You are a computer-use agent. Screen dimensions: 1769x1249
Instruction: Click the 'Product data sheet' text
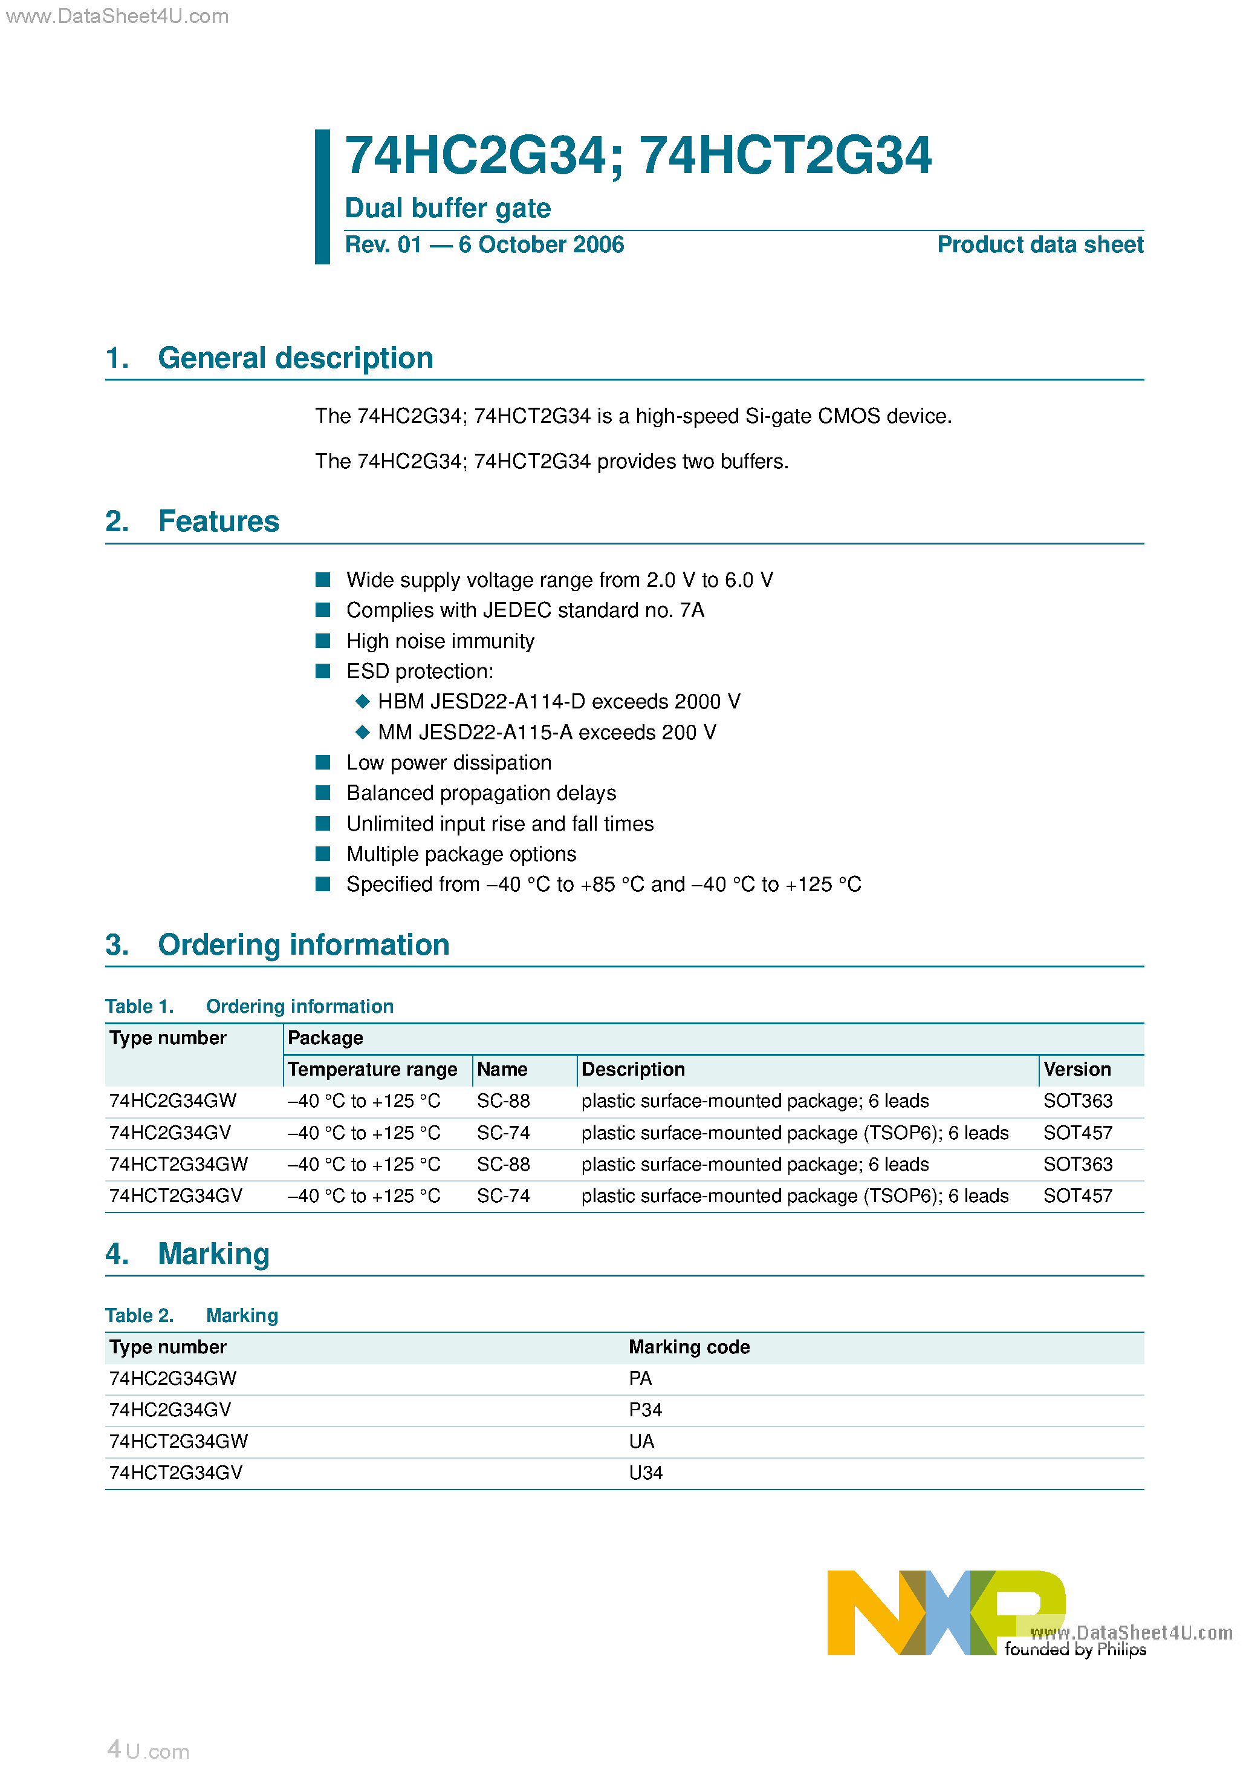1040,245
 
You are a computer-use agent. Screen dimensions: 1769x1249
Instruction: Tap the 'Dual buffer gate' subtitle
447,208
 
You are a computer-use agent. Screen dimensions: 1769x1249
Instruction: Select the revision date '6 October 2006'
540,245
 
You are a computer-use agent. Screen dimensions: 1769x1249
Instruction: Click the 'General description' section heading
295,358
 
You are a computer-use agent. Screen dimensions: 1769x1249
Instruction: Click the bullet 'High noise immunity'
440,641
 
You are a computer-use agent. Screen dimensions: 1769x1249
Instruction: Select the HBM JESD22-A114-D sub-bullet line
558,702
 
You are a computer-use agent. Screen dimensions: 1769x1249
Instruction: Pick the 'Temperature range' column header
372,1070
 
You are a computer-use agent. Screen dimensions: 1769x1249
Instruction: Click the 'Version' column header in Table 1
1077,1070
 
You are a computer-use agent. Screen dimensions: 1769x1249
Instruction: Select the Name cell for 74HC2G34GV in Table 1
503,1133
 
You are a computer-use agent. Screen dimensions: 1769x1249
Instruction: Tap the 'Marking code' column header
689,1347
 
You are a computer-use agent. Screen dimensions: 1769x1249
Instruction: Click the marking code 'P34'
644,1410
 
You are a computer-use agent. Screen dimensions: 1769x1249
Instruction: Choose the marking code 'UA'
641,1442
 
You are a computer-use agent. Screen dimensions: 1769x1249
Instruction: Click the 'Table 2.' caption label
140,1316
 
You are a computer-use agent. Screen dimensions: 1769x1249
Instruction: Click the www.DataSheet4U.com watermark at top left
117,16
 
